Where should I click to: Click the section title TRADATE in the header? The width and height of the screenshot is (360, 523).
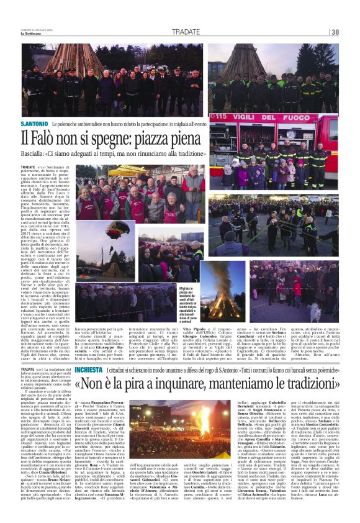pos(186,32)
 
